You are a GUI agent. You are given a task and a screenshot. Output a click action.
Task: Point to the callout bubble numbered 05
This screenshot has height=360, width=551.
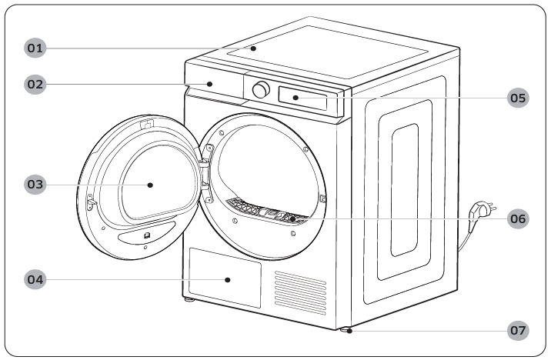click(517, 98)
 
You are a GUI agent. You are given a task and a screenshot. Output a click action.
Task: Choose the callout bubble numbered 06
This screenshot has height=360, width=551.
click(517, 218)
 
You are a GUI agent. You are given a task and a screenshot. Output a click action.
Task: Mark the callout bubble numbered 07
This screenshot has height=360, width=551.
click(517, 330)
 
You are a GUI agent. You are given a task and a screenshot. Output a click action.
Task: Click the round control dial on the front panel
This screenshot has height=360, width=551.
click(261, 88)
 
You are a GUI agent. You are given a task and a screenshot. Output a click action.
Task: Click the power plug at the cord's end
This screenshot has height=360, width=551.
click(483, 208)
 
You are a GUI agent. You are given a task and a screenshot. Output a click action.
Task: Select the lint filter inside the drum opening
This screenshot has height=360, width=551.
click(265, 210)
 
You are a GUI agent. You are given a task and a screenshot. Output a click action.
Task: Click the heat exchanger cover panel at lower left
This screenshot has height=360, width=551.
click(223, 277)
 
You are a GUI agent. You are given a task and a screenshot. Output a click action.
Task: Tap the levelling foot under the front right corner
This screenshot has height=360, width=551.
click(349, 331)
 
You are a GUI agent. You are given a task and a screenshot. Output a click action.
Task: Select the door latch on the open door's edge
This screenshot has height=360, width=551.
click(91, 202)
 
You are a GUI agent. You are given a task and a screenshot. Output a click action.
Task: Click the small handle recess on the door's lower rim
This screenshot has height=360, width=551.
click(146, 235)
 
